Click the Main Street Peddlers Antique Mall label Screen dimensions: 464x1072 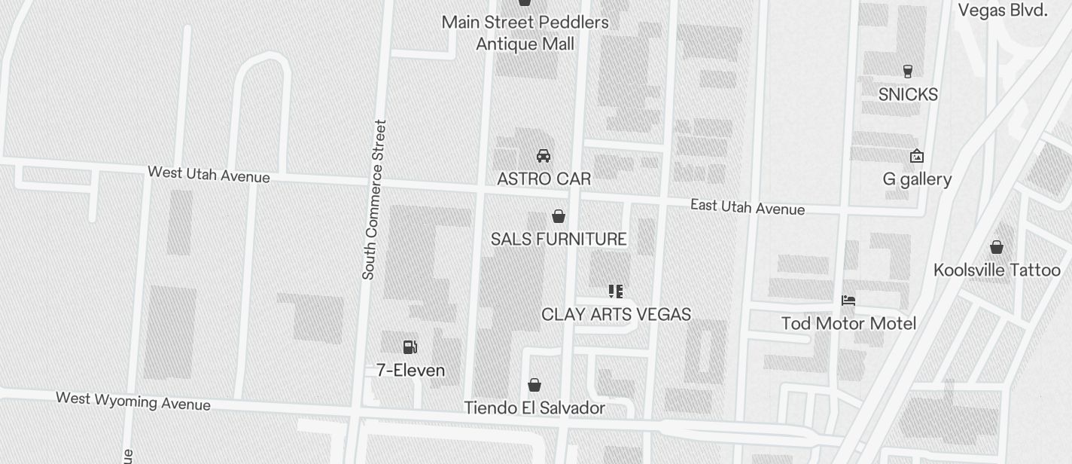525,33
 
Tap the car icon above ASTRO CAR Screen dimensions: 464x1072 543,156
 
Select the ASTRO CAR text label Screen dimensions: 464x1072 544,179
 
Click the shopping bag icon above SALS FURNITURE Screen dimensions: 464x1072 559,217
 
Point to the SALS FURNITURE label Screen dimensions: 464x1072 559,240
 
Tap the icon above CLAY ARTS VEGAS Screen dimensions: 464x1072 616,292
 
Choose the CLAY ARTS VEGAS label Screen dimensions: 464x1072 616,314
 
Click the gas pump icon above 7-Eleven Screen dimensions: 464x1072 410,346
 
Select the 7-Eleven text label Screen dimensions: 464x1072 410,371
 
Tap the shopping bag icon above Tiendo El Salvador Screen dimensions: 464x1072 534,386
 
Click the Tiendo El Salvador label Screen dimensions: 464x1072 534,408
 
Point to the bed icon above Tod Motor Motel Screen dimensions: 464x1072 848,301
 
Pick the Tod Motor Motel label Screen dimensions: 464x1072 848,324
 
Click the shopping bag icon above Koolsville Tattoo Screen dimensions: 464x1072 997,247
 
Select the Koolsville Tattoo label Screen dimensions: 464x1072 997,270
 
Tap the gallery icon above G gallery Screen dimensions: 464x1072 917,157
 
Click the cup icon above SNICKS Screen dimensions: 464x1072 908,72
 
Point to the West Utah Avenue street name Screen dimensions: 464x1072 209,174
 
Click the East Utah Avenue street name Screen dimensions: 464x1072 748,207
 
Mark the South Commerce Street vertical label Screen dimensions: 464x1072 374,200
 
